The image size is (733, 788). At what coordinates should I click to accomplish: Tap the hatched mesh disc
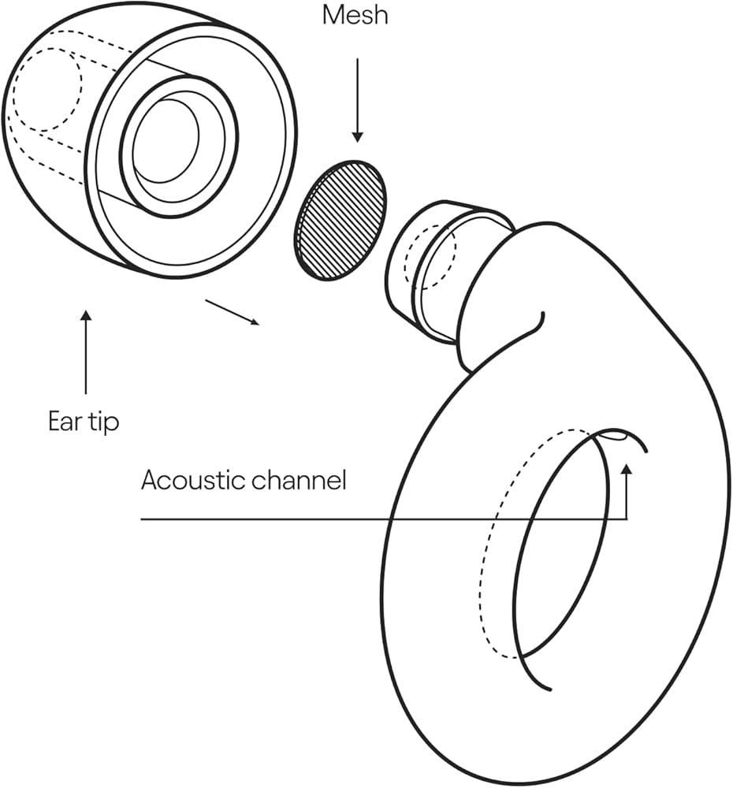(x=340, y=220)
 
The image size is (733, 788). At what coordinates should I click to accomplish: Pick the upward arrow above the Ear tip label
(x=86, y=351)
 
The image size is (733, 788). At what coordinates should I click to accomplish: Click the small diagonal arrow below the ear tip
(x=232, y=312)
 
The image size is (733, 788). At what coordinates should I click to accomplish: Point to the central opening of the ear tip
(x=168, y=142)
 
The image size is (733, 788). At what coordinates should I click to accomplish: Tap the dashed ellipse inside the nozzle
(x=430, y=256)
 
